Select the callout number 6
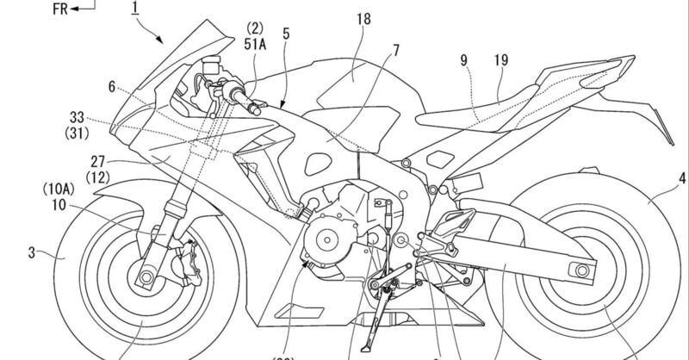tap(111, 86)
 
